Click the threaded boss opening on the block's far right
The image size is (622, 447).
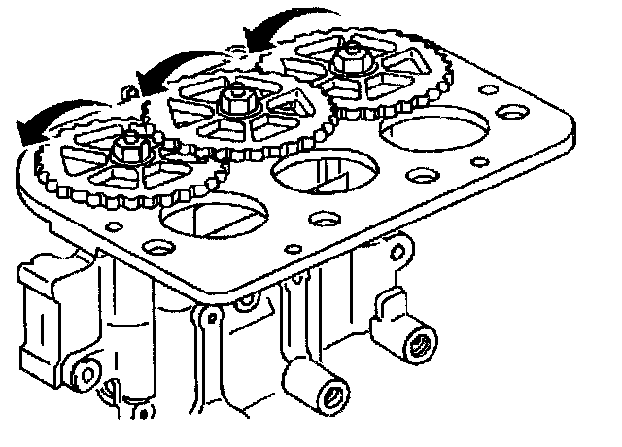click(x=421, y=342)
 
